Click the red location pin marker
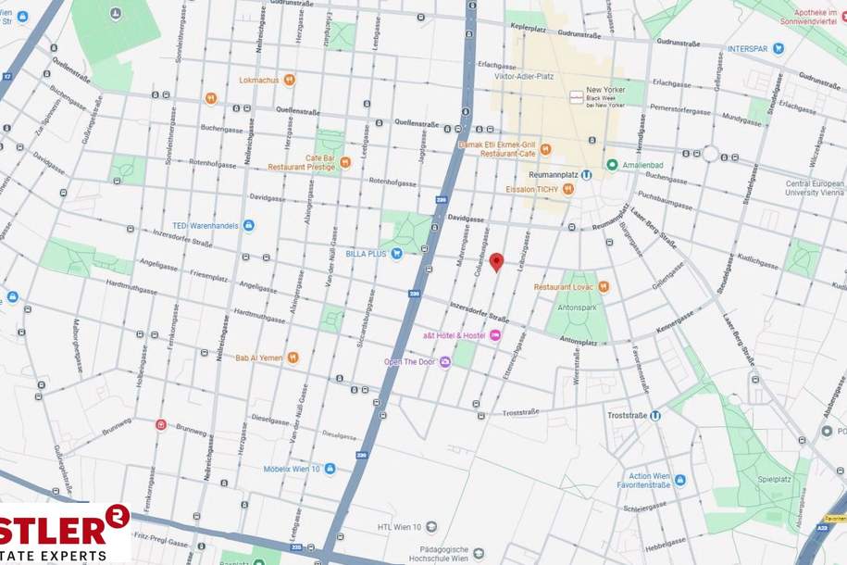495,262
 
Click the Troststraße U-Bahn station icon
654,416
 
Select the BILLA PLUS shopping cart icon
396,253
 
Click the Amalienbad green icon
612,165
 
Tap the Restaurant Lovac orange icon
604,287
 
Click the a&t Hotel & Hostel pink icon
495,334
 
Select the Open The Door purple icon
444,361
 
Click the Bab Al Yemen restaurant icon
293,357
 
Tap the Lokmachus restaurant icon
290,81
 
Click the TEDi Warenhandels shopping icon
248,225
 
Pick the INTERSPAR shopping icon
778,48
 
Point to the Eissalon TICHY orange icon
568,189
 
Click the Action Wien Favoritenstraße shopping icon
680,480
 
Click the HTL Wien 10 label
399,527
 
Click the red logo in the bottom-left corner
65,534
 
